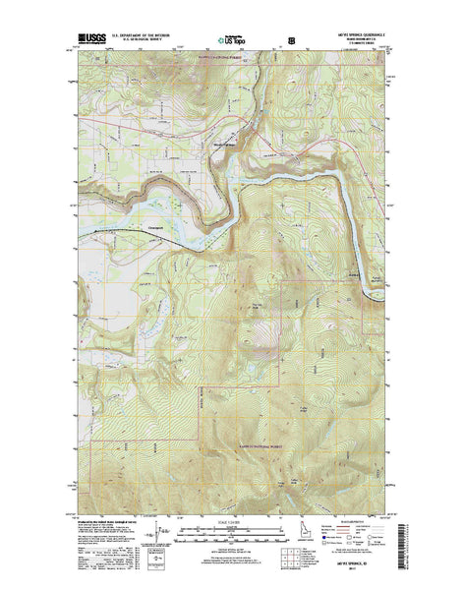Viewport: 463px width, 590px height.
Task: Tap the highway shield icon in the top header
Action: coord(290,42)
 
